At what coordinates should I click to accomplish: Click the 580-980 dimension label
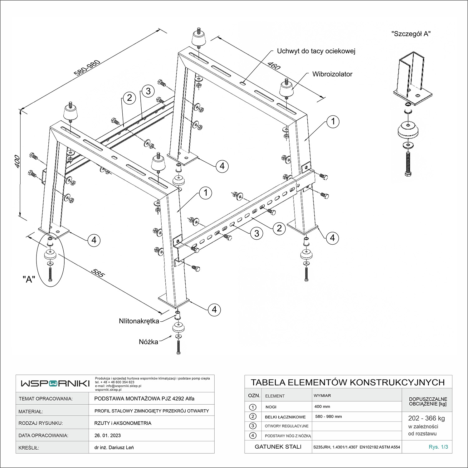pos(87,68)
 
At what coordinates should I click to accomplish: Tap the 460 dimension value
pos(274,66)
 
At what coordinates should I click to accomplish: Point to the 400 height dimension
pos(17,161)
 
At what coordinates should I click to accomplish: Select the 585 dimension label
pos(98,273)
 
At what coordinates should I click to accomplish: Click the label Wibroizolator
pos(332,74)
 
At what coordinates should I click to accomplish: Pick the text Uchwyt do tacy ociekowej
pos(316,51)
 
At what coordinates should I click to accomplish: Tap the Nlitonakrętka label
pos(139,321)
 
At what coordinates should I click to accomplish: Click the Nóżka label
pos(148,342)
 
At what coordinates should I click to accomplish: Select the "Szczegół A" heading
pos(411,34)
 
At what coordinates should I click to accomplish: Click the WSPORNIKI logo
pos(55,383)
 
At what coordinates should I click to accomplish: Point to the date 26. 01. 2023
pos(107,436)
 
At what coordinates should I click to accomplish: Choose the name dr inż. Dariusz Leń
pos(114,448)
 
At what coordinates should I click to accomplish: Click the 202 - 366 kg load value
pos(427,418)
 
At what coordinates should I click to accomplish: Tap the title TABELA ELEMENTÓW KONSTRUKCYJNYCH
pos(348,383)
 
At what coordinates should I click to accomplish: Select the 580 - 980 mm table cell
pos(329,417)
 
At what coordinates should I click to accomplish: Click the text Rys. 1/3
pos(438,447)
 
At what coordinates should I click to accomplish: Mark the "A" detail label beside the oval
pos(29,279)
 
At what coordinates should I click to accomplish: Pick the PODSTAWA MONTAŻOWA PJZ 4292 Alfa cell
pos(144,399)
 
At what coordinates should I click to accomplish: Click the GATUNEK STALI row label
pos(278,447)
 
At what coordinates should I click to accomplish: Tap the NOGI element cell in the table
pos(271,407)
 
